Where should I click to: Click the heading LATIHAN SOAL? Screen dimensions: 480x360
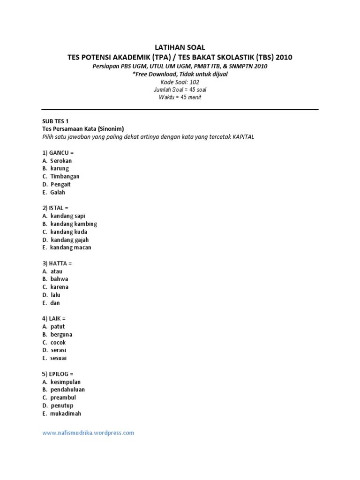(x=180, y=48)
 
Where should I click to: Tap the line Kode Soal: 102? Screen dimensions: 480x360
(x=180, y=82)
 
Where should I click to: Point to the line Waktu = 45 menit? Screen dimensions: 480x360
(x=180, y=97)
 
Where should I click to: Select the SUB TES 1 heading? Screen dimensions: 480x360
(x=55, y=121)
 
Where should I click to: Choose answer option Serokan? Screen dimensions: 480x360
(x=61, y=161)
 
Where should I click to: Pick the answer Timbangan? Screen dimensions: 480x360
(x=65, y=176)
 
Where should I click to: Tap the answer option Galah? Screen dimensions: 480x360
(x=58, y=192)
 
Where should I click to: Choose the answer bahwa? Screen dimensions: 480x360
(x=60, y=279)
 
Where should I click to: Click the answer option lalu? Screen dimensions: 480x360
(x=55, y=295)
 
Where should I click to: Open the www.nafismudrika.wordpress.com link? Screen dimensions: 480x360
(x=88, y=433)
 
